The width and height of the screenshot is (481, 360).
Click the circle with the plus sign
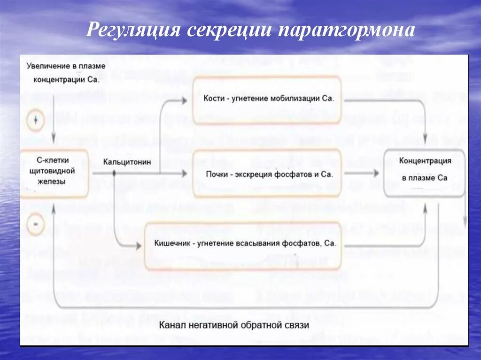[36, 121]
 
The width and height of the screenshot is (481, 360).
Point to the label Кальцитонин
[128, 162]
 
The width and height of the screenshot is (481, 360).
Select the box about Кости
[267, 100]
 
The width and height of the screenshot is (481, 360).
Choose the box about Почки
[267, 174]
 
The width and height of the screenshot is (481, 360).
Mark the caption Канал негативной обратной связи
[234, 325]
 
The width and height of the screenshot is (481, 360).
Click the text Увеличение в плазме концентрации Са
[66, 72]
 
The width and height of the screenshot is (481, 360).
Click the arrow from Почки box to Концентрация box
[362, 174]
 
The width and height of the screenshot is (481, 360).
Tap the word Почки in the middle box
[217, 174]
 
